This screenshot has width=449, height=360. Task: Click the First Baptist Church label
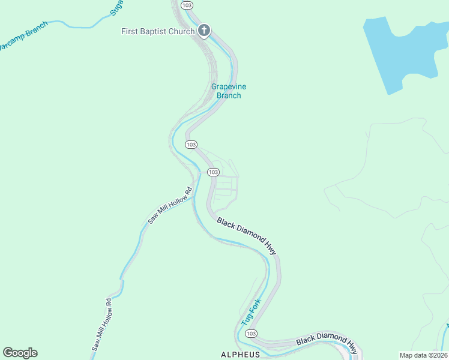158,31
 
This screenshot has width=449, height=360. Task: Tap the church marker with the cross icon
203,31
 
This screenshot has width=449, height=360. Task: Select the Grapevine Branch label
229,91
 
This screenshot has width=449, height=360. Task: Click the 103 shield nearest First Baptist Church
187,5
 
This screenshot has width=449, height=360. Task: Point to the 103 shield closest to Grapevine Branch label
191,145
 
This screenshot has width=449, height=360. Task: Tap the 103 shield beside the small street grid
213,172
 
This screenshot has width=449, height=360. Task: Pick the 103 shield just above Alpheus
251,333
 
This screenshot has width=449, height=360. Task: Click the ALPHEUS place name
241,354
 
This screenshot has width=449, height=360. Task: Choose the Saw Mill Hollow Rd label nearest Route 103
170,205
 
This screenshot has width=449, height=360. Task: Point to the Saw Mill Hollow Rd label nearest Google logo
102,324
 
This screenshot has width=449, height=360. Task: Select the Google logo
20,353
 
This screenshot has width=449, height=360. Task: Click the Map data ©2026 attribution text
423,355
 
